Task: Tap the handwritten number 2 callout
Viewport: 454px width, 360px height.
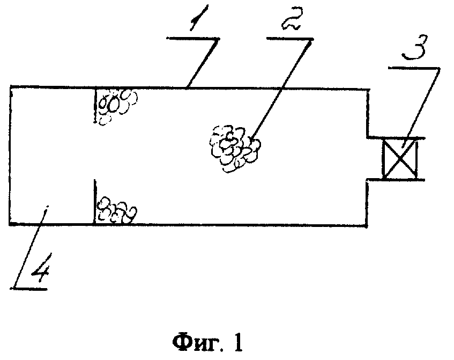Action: tap(292, 19)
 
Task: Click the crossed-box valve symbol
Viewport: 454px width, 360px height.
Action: tap(399, 159)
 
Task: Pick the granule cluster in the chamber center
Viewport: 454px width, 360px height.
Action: tap(235, 149)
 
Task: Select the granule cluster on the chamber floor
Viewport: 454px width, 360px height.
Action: tap(117, 210)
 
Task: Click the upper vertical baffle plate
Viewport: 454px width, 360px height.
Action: tap(95, 105)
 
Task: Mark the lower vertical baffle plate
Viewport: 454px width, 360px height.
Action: tap(95, 202)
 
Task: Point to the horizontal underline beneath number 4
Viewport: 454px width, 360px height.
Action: tap(28, 289)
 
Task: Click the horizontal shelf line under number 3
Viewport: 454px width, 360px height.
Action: tap(414, 69)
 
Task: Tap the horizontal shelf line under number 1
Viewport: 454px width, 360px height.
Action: tap(193, 38)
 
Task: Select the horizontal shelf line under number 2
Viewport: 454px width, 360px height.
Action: tap(289, 39)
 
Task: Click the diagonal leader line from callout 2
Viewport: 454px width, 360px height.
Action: tap(281, 89)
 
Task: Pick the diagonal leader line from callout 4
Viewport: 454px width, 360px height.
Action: tap(31, 247)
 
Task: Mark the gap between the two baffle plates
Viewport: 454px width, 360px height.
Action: tap(95, 151)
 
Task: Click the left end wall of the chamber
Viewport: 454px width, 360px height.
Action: tap(10, 156)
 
